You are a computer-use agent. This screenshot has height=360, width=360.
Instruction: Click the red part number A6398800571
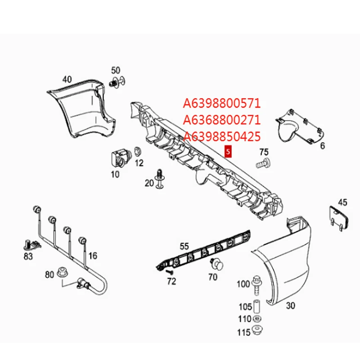(x=221, y=103)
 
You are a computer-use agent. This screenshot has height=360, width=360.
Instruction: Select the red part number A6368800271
(x=221, y=120)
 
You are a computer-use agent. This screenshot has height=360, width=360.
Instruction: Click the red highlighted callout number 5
(x=228, y=152)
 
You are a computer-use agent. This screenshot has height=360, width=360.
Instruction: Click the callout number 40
(x=67, y=79)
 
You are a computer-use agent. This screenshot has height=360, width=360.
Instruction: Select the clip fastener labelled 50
(x=116, y=84)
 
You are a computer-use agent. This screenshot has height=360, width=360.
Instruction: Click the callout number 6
(x=322, y=146)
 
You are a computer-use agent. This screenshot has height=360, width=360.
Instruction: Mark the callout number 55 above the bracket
(x=184, y=246)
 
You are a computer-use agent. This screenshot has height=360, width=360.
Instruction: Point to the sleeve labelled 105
(x=257, y=306)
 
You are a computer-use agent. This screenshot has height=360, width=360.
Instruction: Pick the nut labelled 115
(x=257, y=332)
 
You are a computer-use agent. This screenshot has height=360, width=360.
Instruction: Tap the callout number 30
(x=290, y=306)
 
